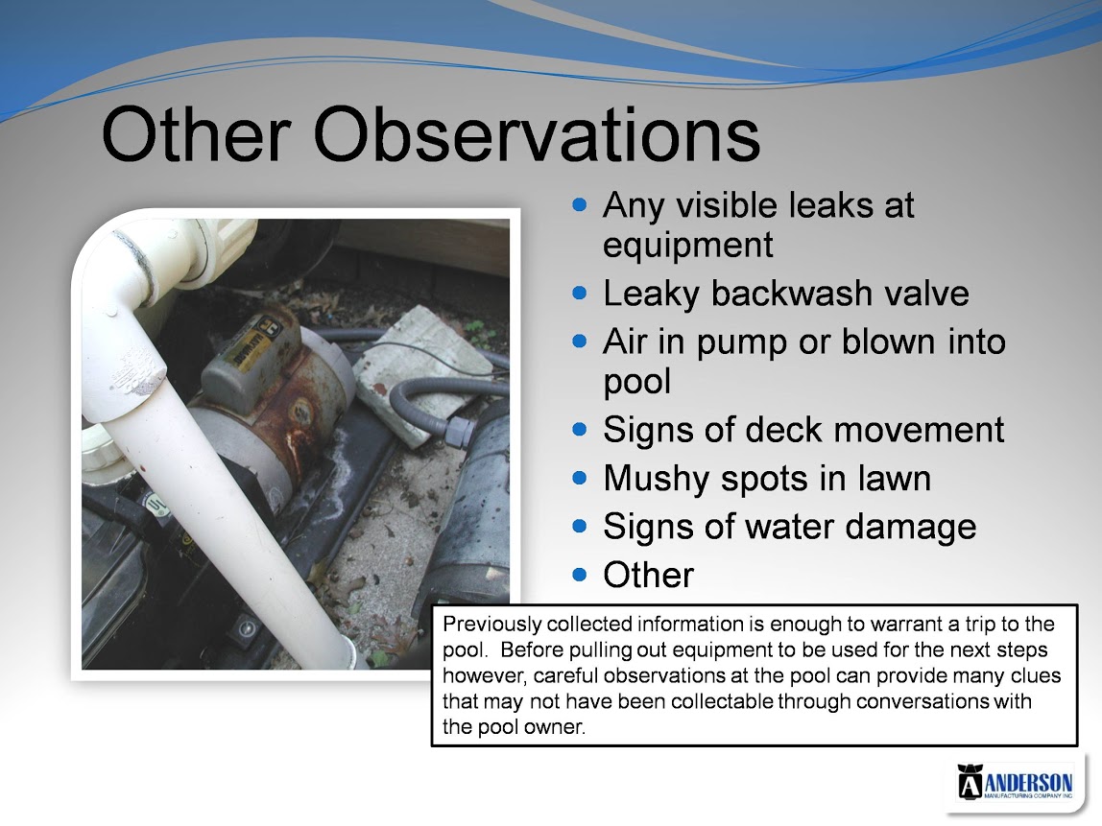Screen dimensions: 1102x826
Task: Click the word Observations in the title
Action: click(x=537, y=134)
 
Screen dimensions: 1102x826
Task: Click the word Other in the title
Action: click(x=196, y=134)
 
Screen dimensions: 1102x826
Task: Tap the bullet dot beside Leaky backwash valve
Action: click(x=580, y=293)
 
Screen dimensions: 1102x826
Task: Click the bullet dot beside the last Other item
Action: click(x=580, y=575)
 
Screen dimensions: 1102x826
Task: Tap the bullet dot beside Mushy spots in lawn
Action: click(x=580, y=479)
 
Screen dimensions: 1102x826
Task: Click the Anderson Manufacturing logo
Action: click(x=1015, y=783)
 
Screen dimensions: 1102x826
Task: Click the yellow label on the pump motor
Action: click(x=250, y=350)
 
